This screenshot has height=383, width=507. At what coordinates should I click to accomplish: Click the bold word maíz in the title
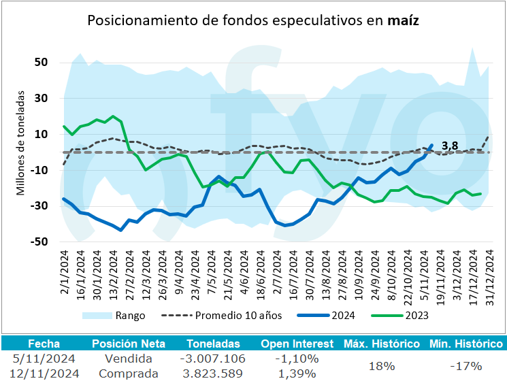402,20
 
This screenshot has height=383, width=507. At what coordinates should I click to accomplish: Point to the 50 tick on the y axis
41,63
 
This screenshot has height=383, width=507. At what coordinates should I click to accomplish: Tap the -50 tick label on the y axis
39,242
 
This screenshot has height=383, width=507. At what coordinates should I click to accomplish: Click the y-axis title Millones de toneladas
20,144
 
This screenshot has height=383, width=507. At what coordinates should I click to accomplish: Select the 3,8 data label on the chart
449,145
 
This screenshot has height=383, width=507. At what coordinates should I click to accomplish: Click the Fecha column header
39,344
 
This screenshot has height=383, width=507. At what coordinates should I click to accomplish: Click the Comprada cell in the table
128,373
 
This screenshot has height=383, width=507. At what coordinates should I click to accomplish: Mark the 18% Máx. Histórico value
382,366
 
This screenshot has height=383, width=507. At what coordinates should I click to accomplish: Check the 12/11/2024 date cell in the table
46,373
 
